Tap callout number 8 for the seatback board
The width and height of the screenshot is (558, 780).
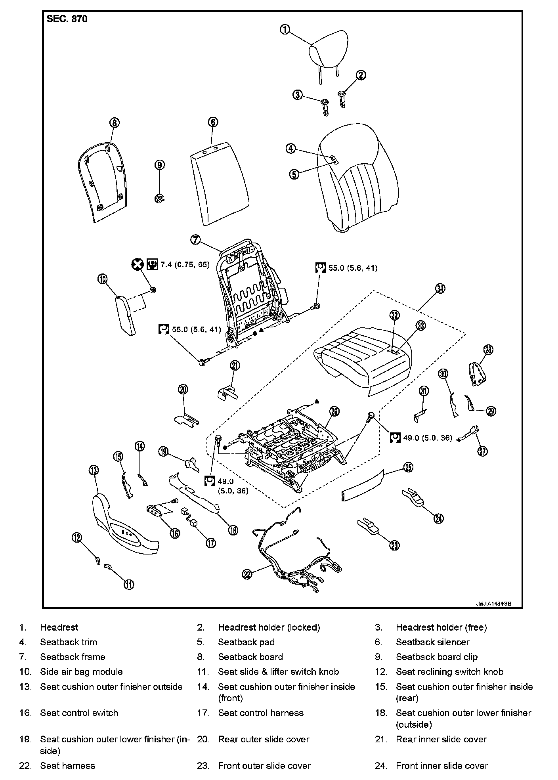114,123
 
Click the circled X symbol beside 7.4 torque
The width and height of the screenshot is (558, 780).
137,264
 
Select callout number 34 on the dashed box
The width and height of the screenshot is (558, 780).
440,289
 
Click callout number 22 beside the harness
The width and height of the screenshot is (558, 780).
247,574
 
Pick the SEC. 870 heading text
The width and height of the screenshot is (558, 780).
67,19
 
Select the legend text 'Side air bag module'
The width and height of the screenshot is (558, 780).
81,672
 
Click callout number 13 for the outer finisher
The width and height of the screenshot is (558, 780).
94,470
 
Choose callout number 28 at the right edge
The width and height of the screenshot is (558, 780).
488,350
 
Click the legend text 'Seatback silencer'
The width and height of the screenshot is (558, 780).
432,642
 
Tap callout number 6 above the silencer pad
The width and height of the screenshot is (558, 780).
213,122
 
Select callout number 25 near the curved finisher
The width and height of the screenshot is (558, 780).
408,468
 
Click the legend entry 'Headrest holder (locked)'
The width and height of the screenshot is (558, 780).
269,627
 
